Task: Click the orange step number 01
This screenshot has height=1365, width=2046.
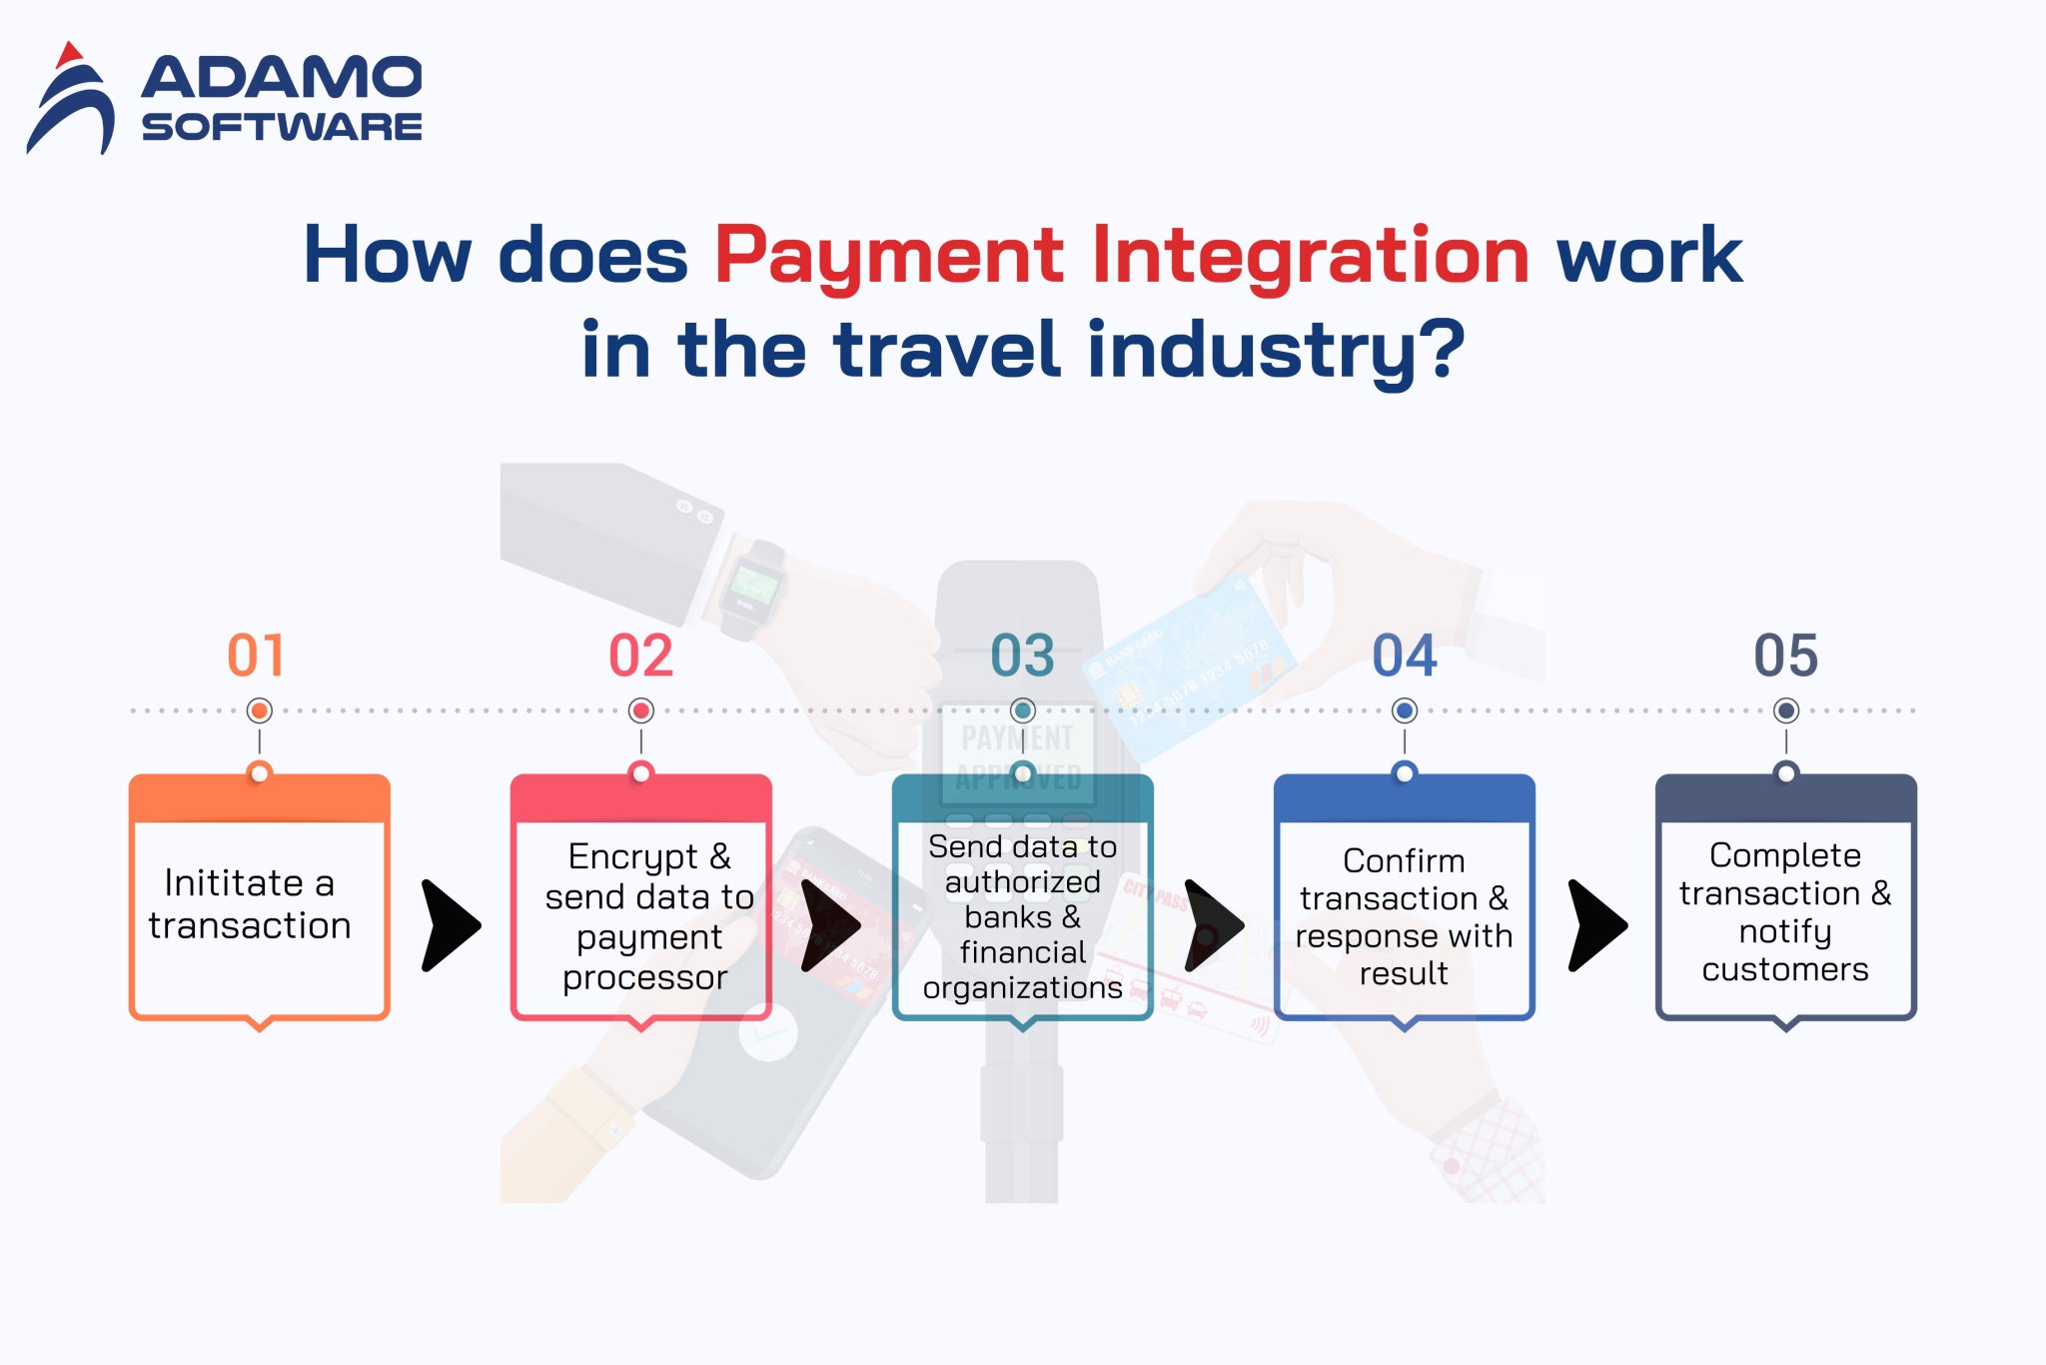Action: tap(257, 656)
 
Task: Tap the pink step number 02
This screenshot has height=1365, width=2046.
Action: tap(640, 656)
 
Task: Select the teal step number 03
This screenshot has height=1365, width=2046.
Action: tap(1022, 656)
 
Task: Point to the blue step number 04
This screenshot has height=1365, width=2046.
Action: tap(1404, 656)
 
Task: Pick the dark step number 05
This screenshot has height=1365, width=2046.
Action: tap(1785, 656)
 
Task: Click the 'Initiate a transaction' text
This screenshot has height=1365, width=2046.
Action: tap(250, 904)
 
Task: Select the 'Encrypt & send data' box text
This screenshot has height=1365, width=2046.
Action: tap(647, 916)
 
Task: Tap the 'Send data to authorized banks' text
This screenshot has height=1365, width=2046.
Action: tap(1022, 916)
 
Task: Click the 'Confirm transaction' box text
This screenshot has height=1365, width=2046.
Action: tap(1404, 916)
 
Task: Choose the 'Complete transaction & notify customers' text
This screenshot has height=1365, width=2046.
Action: tap(1785, 912)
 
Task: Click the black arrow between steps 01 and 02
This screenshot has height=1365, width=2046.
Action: tap(450, 925)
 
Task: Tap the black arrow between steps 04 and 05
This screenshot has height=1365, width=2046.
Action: tap(1596, 925)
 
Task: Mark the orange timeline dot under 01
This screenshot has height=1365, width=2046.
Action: tap(260, 710)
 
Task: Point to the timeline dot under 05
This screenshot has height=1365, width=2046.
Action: tap(1786, 710)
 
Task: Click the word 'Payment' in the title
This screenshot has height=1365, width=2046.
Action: tap(889, 255)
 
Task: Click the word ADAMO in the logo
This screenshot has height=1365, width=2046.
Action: tap(282, 78)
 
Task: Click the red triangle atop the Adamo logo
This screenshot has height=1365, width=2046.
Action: tap(68, 54)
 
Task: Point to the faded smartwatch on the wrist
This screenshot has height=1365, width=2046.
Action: tap(751, 589)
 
